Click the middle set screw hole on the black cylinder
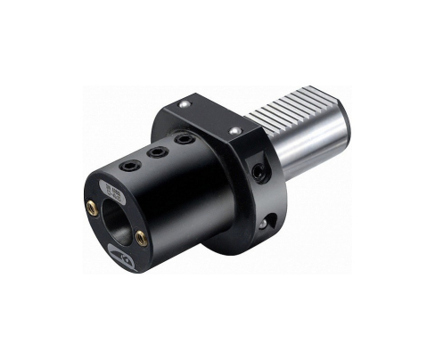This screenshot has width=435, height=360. tap(160, 153)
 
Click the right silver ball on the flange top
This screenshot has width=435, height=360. tap(235, 132)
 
